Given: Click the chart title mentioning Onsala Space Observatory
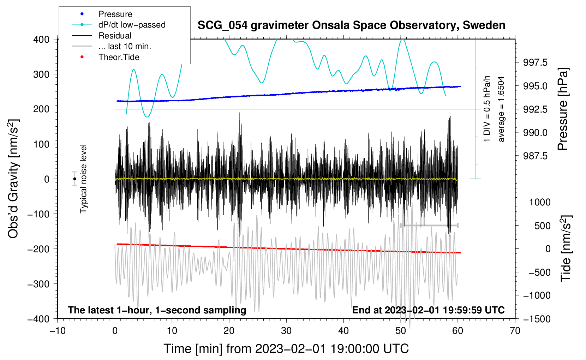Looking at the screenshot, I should tap(351, 25).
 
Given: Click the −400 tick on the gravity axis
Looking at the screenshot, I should tap(39, 319).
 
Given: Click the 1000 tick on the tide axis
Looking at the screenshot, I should tap(540, 202).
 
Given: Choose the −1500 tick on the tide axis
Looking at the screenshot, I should tap(537, 319).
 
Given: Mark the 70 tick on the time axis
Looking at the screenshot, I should tap(515, 331).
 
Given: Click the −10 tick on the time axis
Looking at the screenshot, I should tap(58, 331).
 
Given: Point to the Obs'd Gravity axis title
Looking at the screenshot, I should tap(13, 179).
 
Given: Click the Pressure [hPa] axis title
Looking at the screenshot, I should tap(563, 109).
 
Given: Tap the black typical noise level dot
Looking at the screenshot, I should tap(74, 179).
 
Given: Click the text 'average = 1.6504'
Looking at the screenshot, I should tap(501, 109).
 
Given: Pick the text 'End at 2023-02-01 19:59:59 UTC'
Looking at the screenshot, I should tap(428, 310).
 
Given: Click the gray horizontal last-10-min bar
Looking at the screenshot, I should tap(429, 225).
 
